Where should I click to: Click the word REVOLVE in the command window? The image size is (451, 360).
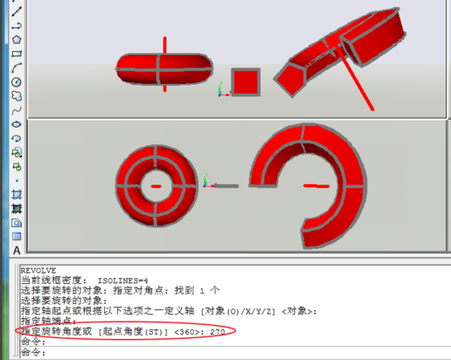(38, 271)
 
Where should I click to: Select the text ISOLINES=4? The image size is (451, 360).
(122, 280)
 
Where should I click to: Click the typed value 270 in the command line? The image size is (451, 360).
(218, 332)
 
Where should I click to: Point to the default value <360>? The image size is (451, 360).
(186, 332)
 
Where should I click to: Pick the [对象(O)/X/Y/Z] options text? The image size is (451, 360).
(238, 311)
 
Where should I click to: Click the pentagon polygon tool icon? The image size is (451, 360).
(17, 39)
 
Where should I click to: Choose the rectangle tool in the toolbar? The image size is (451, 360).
(17, 54)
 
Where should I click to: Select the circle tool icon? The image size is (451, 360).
(17, 82)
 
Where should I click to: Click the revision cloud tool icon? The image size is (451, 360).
(17, 96)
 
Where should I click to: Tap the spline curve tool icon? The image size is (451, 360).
(17, 111)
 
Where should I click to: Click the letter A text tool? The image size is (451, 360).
(17, 251)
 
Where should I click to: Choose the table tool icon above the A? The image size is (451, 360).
(17, 236)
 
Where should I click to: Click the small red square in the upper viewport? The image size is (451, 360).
(246, 82)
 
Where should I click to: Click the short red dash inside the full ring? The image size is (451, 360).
(156, 186)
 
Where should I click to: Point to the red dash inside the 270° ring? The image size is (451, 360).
(316, 186)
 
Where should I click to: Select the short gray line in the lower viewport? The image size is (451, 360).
(226, 186)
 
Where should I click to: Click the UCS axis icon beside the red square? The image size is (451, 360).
(223, 90)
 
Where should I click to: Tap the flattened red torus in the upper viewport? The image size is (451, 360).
(164, 69)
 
